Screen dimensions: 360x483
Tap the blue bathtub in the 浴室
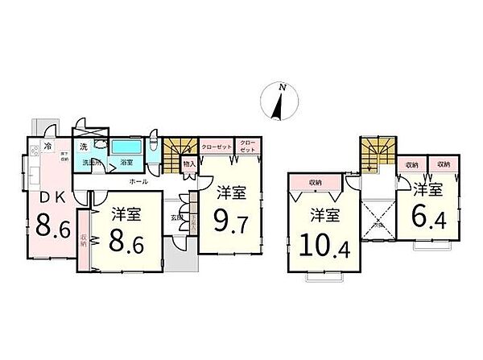[127, 148]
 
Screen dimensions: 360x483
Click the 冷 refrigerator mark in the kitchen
[48, 147]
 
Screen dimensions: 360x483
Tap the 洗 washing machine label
[83, 147]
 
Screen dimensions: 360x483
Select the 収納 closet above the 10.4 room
[316, 182]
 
